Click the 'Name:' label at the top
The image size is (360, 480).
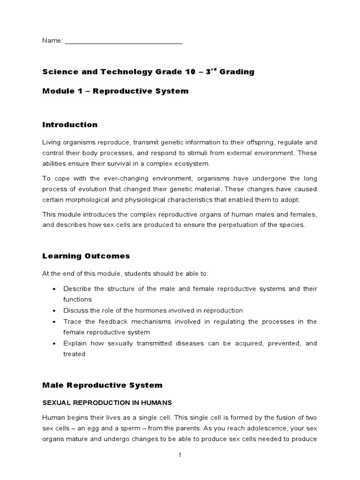pyautogui.click(x=52, y=41)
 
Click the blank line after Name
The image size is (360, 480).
pyautogui.click(x=123, y=42)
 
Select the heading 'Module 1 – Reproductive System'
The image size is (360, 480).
pyautogui.click(x=115, y=91)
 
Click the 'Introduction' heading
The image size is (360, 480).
pyautogui.click(x=70, y=125)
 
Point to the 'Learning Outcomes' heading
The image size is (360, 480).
pyautogui.click(x=86, y=256)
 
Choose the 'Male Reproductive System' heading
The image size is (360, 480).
pyautogui.click(x=102, y=385)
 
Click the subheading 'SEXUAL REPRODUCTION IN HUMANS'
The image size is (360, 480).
pyautogui.click(x=107, y=403)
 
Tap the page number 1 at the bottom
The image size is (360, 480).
pyautogui.click(x=180, y=455)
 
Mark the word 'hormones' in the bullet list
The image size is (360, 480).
pyautogui.click(x=138, y=310)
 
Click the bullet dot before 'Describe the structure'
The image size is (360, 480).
pyautogui.click(x=55, y=289)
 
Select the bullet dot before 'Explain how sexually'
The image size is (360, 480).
pyautogui.click(x=55, y=344)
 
